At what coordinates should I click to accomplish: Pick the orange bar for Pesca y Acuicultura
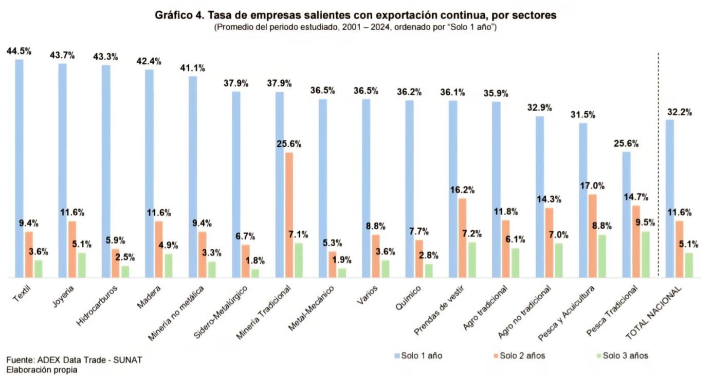592,236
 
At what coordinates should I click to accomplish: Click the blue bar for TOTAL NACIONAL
669,199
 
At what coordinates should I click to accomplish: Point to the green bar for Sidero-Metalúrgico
255,273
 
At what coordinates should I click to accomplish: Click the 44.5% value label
19,51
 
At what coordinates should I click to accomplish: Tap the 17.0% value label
593,186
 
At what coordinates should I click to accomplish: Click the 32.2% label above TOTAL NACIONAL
679,112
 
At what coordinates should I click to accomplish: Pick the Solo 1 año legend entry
417,356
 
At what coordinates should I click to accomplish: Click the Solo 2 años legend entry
519,356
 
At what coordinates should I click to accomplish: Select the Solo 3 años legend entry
622,356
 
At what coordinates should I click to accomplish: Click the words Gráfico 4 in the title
178,15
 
